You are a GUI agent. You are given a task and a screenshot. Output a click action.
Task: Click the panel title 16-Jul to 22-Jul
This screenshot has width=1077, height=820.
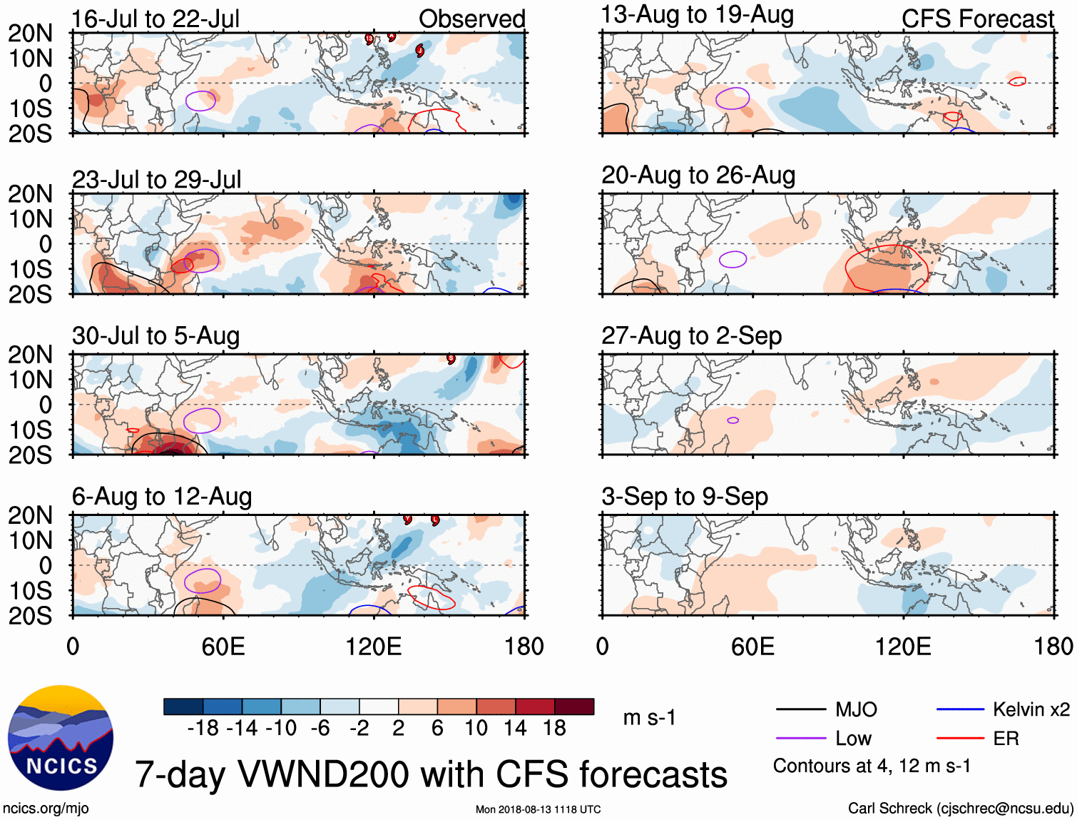pos(155,19)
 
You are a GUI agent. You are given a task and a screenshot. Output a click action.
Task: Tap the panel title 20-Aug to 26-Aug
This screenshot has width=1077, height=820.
pos(698,175)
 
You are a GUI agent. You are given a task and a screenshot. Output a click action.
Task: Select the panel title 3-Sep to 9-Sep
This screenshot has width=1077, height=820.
pos(685,496)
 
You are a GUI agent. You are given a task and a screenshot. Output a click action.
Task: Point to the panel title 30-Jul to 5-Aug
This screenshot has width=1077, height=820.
pos(155,335)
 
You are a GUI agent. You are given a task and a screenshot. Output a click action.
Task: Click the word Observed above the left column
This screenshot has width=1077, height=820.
pos(471,19)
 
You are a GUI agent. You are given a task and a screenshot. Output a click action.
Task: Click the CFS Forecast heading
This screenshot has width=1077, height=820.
pos(977,19)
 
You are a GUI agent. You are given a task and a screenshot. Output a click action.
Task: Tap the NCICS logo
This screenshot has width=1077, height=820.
pos(61,738)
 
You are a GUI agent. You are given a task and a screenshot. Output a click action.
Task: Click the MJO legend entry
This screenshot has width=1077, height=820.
pos(856,709)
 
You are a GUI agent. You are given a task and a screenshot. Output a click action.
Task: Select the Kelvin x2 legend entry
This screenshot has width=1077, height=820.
pos(1031,709)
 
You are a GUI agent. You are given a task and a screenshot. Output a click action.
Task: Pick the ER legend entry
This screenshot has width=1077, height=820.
pos(1006,739)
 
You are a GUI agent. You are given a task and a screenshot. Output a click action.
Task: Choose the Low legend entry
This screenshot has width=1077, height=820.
pos(853,739)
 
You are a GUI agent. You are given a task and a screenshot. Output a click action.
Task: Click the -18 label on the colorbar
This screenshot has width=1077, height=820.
pos(203,728)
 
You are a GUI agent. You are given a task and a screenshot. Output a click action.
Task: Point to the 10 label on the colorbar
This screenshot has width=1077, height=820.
pos(476,728)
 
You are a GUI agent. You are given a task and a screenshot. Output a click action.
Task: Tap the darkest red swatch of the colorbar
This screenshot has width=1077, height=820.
pos(574,707)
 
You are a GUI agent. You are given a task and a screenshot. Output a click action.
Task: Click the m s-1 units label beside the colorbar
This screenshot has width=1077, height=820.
pos(649,717)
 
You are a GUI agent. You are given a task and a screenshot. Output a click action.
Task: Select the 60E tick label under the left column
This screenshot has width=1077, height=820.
pos(223,647)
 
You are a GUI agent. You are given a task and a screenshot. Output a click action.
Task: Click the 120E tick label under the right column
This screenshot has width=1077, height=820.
pos(903,647)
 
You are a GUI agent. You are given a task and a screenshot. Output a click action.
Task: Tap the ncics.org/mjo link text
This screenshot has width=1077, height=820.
pos(46,808)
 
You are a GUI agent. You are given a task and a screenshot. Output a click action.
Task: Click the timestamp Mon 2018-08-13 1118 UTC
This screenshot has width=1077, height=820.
pos(538,809)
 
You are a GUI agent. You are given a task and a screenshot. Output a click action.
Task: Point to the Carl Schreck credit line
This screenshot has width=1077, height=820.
pos(960,808)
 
